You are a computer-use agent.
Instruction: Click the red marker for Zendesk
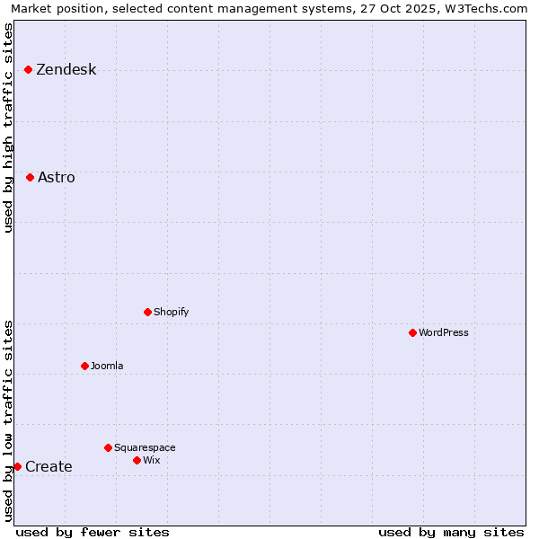tap(28, 69)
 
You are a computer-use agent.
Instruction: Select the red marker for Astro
tap(30, 177)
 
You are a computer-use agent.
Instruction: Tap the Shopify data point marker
tap(147, 312)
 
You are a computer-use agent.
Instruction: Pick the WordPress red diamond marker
tap(412, 332)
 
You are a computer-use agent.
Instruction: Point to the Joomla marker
tap(84, 366)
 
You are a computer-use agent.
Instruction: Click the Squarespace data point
tap(108, 447)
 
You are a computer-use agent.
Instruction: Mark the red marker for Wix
tap(137, 460)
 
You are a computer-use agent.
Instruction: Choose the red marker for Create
tap(17, 466)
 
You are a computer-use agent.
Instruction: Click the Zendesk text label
tap(66, 70)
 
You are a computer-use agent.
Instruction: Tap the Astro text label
tap(56, 178)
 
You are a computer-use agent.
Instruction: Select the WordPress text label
tap(443, 333)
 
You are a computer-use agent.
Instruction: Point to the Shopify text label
tap(171, 313)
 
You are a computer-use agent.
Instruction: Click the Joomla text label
tap(107, 367)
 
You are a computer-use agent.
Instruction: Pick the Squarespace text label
tap(145, 448)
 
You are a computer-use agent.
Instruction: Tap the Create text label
tap(49, 467)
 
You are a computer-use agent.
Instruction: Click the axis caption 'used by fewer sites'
tap(93, 532)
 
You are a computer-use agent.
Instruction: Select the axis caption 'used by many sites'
tap(451, 532)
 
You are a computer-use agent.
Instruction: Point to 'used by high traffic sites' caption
tap(9, 128)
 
